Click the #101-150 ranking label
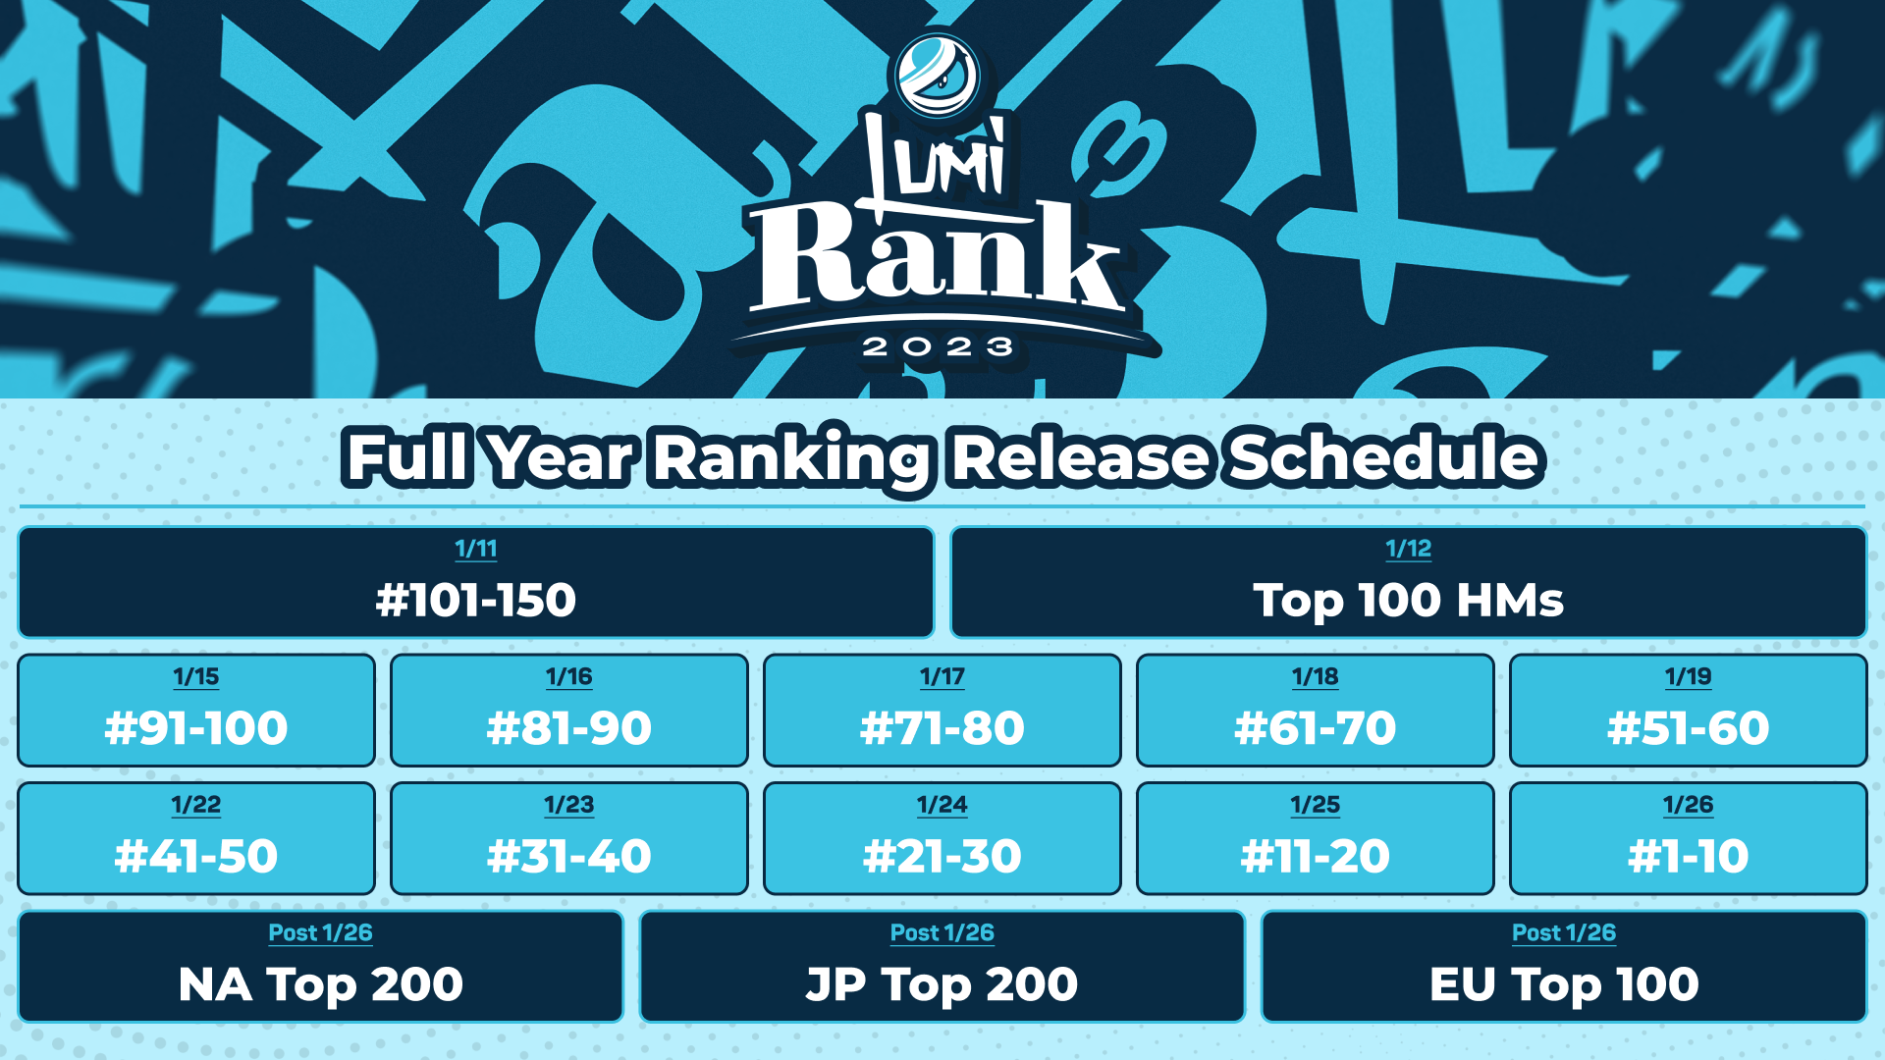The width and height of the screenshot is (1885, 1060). [x=476, y=600]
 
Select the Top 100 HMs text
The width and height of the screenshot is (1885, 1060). [x=1408, y=601]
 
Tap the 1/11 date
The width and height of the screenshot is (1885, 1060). [x=476, y=549]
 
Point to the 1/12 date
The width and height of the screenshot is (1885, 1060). [x=1408, y=549]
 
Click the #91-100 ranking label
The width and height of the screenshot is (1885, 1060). [x=196, y=728]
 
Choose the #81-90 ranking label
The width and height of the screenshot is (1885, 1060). [x=569, y=728]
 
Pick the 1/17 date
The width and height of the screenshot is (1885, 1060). [x=942, y=676]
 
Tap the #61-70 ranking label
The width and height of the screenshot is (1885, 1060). [x=1316, y=728]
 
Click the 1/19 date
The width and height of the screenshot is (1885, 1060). [x=1689, y=676]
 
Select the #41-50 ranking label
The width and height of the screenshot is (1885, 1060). [x=196, y=856]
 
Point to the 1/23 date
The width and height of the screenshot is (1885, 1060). [x=569, y=805]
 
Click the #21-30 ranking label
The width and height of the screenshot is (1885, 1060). [x=942, y=856]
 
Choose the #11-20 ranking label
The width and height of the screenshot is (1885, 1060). [x=1316, y=856]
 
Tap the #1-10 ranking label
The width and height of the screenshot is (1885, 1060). [x=1689, y=856]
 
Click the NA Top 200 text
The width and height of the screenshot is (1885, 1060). [x=321, y=984]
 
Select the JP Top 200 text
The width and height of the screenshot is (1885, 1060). [x=942, y=984]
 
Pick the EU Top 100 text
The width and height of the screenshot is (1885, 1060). [x=1564, y=984]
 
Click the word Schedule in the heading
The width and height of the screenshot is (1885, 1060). [x=1384, y=457]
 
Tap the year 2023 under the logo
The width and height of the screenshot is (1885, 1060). [x=939, y=346]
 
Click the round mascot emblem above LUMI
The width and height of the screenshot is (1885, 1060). [x=938, y=76]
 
